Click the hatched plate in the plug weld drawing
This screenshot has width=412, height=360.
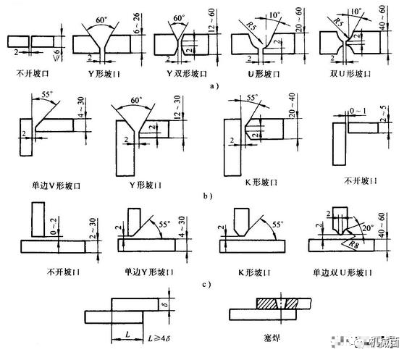click(274, 301)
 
